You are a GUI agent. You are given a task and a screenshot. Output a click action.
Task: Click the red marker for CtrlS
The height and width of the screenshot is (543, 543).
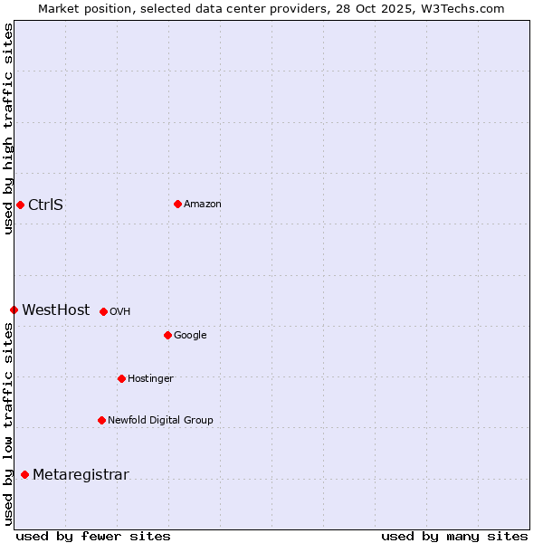click(x=20, y=205)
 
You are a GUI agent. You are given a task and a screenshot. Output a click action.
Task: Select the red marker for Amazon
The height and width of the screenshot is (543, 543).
click(x=177, y=204)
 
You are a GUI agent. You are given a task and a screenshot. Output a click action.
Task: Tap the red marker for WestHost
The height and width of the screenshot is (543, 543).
click(x=14, y=310)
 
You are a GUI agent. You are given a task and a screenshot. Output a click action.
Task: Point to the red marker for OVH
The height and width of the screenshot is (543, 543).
click(x=103, y=311)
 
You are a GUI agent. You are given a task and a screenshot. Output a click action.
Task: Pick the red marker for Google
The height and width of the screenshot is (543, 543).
click(x=167, y=335)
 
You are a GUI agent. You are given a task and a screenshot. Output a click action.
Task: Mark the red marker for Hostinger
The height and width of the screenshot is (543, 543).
click(x=121, y=378)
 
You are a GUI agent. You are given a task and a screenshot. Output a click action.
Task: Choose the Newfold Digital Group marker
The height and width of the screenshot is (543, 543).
click(x=101, y=420)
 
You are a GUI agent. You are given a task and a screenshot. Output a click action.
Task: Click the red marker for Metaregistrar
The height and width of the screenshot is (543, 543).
click(x=24, y=474)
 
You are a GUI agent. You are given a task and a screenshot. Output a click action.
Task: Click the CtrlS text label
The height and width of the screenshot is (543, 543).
click(x=45, y=205)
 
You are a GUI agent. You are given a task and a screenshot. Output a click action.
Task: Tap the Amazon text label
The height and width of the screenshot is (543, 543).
click(x=203, y=205)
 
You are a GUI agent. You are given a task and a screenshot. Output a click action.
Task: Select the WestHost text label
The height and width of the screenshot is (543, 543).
click(x=56, y=310)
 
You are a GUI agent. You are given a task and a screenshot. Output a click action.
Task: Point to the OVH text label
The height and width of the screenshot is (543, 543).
click(x=120, y=312)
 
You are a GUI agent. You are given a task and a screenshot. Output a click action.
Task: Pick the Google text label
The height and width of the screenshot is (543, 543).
click(x=190, y=336)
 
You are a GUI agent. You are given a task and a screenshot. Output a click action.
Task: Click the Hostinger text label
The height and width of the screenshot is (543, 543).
click(x=150, y=379)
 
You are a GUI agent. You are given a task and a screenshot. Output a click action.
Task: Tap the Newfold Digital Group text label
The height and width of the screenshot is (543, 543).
click(x=160, y=421)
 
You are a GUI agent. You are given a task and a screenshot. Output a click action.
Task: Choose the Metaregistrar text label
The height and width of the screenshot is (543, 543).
click(x=81, y=475)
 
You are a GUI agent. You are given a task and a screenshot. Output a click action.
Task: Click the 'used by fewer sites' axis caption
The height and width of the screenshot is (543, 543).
click(x=93, y=536)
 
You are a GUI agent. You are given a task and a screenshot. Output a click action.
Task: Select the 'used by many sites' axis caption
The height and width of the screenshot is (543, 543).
click(x=454, y=536)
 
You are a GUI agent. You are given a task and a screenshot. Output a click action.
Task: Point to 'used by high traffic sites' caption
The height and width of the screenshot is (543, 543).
click(x=8, y=129)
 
